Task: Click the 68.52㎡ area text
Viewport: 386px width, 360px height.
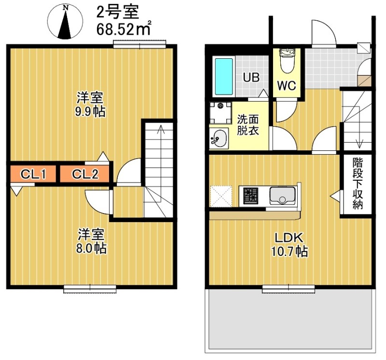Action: click(124, 28)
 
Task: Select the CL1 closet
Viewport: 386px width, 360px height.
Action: click(33, 174)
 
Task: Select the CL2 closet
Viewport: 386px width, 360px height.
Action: click(85, 174)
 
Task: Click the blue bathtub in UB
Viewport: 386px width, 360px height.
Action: click(223, 77)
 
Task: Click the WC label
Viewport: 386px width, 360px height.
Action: click(286, 86)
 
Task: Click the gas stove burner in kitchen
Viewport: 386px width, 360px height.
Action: click(251, 195)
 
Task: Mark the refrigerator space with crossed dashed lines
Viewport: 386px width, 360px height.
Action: click(221, 196)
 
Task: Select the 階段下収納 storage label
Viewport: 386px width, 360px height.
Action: click(357, 184)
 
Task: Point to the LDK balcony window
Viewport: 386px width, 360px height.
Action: click(289, 289)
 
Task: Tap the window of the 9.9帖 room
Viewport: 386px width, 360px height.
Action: click(140, 45)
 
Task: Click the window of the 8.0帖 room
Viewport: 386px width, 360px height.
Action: click(90, 289)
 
